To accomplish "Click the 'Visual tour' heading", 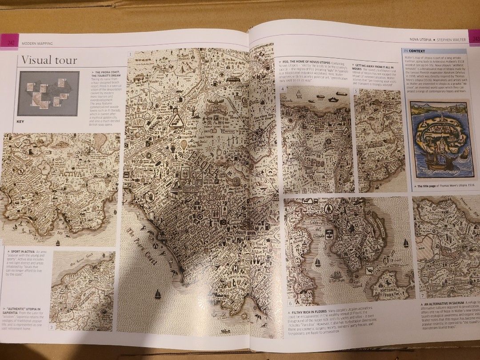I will pyautogui.click(x=49, y=60).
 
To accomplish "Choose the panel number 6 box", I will pyautogui.click(x=290, y=304).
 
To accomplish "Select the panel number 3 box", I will pyautogui.click(x=52, y=328).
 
